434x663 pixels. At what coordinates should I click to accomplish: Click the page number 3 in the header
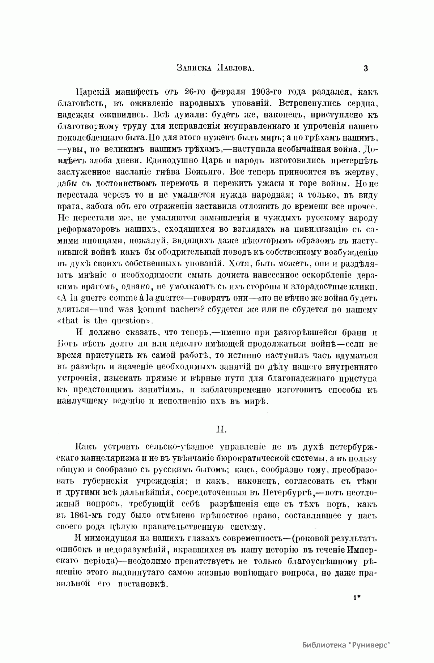coord(366,68)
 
